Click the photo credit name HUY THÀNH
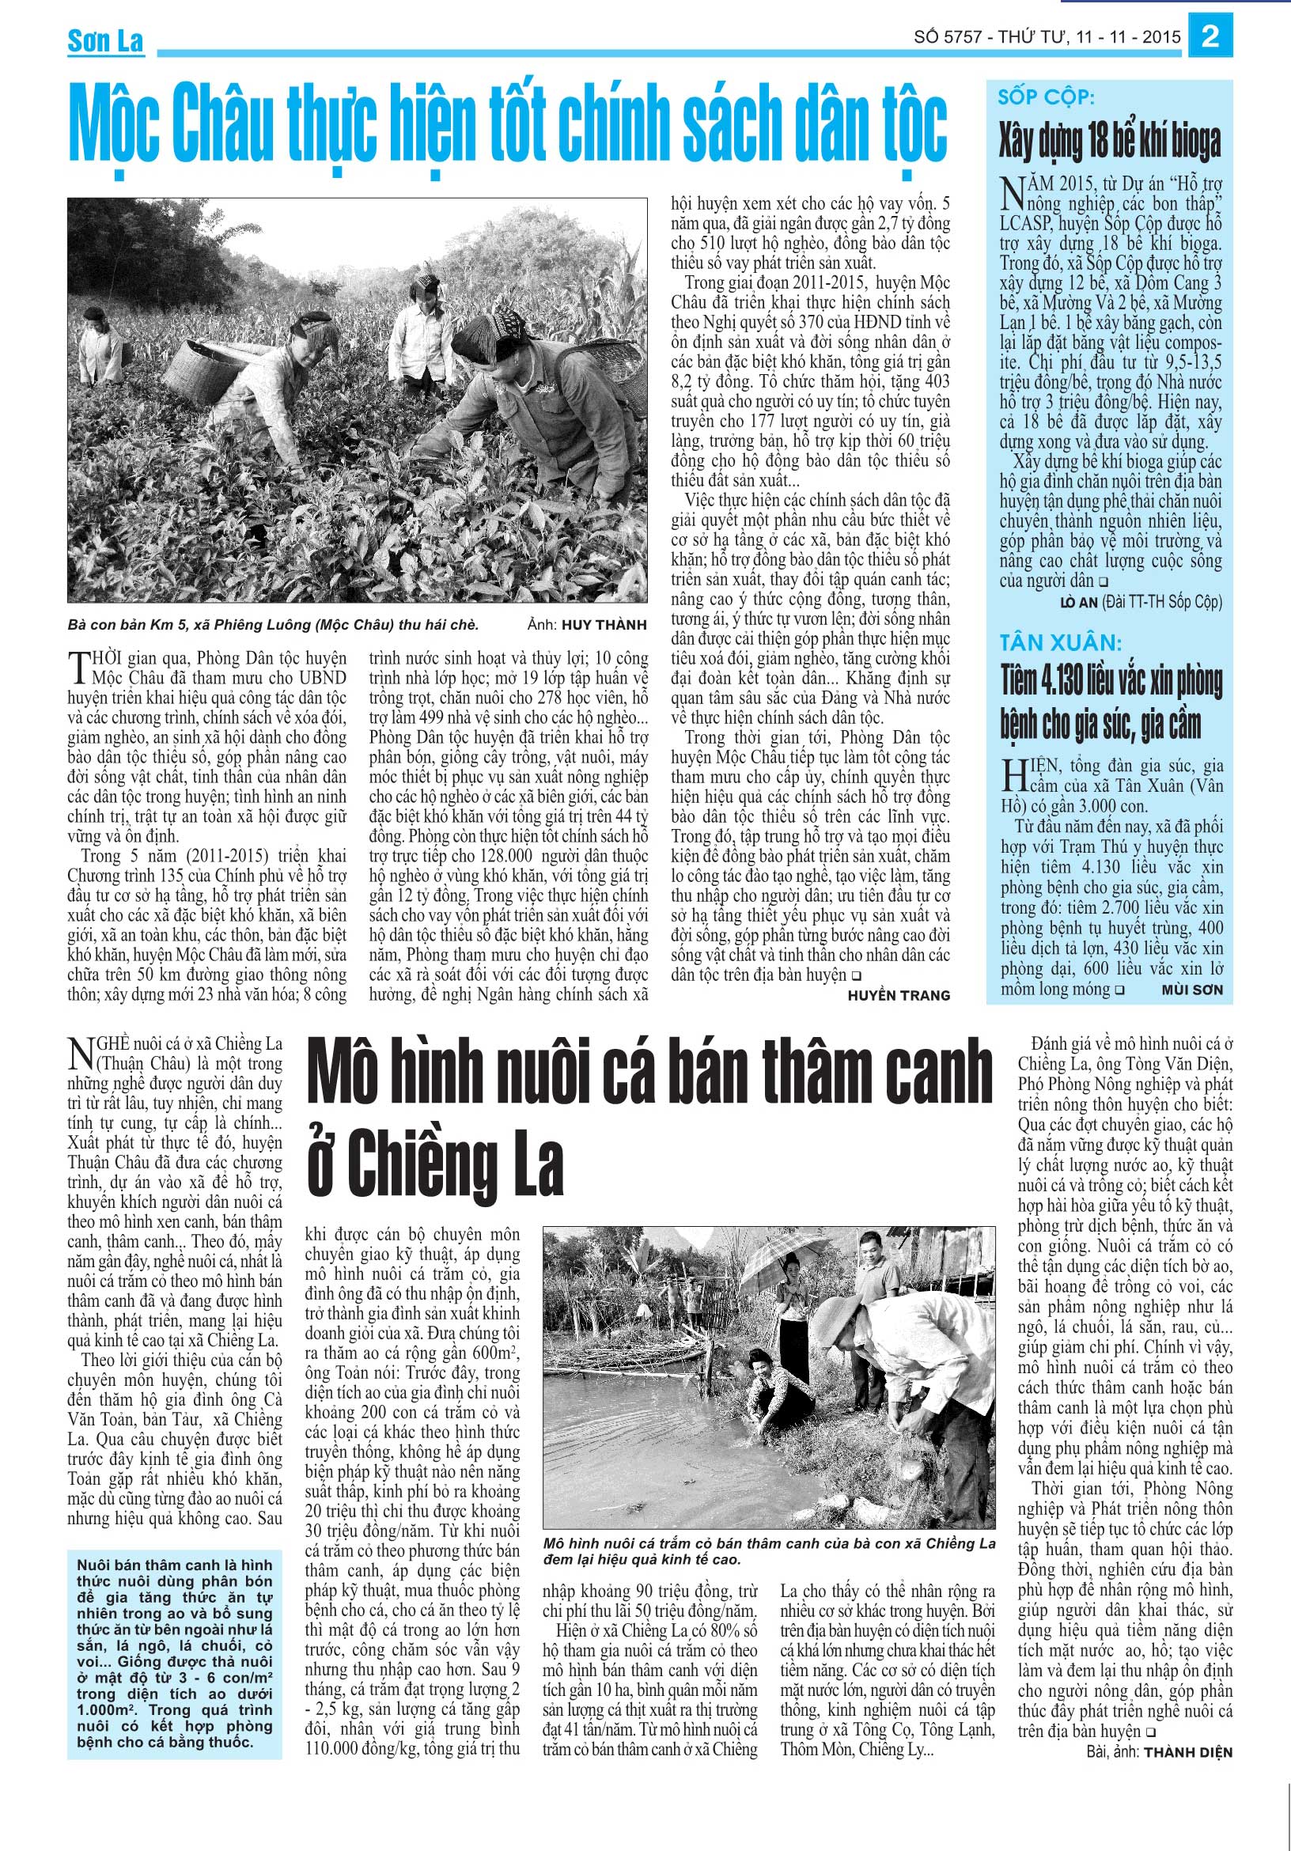tap(604, 624)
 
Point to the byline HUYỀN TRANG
tap(899, 996)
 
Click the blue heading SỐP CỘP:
tap(1046, 97)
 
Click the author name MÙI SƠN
tap(1192, 990)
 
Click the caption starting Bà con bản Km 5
tap(273, 624)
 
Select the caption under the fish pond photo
tap(768, 1551)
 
